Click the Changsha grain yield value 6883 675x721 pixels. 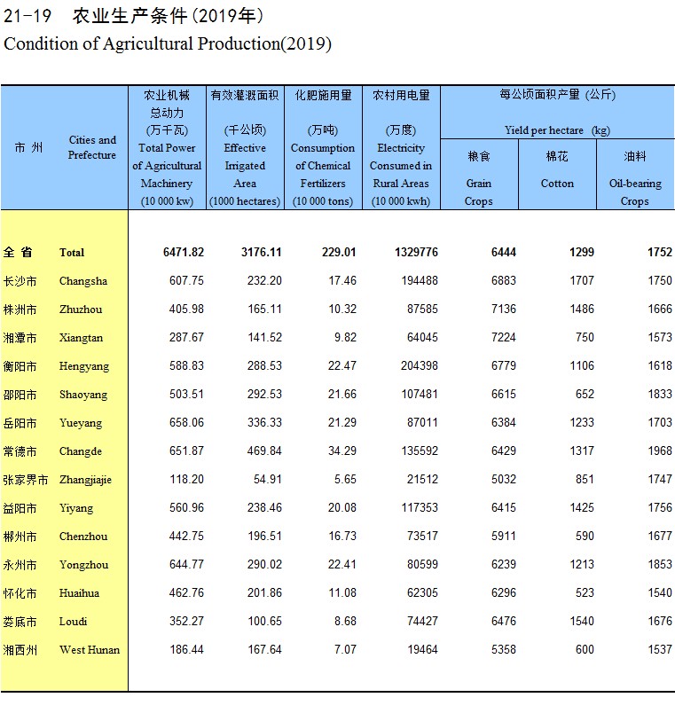pyautogui.click(x=502, y=281)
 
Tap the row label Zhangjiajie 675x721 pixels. pyautogui.click(x=85, y=480)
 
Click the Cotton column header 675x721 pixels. pyautogui.click(x=557, y=184)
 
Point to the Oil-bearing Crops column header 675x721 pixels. pyautogui.click(x=635, y=192)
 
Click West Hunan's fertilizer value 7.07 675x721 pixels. pyautogui.click(x=342, y=650)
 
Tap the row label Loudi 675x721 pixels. pyautogui.click(x=73, y=622)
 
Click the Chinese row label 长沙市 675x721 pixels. pyautogui.click(x=20, y=281)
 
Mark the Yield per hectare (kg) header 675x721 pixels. pyautogui.click(x=557, y=130)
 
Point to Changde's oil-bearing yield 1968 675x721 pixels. pyautogui.click(x=659, y=451)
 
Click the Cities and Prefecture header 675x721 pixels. pyautogui.click(x=92, y=147)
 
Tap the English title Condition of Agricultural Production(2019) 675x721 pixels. pyautogui.click(x=168, y=43)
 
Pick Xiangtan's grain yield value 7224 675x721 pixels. pyautogui.click(x=502, y=338)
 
